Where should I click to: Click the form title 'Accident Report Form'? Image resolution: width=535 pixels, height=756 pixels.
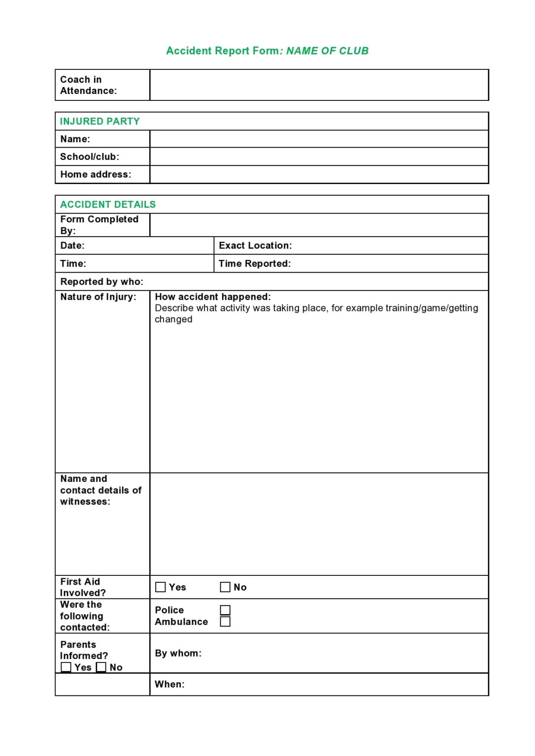coord(223,51)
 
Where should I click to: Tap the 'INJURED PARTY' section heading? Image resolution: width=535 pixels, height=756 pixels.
coord(100,121)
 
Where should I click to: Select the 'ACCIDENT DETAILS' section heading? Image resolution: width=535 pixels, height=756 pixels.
coord(108,204)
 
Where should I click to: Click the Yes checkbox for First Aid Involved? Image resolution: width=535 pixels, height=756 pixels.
coord(161,587)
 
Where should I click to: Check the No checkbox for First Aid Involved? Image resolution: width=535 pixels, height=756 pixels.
coord(225,587)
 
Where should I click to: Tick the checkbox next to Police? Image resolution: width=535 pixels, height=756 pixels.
coord(225,610)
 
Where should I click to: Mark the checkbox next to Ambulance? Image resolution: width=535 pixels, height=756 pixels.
coord(225,622)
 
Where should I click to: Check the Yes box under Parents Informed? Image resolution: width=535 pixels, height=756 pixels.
coord(66,667)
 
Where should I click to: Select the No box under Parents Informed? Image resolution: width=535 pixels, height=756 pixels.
coord(101,667)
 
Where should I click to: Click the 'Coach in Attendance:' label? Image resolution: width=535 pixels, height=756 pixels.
coord(88,85)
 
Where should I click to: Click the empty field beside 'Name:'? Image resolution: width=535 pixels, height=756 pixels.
coord(319,139)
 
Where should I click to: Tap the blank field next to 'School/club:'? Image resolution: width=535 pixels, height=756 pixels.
coord(319,157)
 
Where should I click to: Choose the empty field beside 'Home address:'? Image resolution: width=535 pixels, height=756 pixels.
coord(319,174)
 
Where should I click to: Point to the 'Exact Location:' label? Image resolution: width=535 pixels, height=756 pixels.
coord(255,245)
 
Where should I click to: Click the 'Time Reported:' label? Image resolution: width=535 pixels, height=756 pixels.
coord(255,263)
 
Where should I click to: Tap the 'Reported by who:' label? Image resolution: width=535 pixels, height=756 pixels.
coord(102,282)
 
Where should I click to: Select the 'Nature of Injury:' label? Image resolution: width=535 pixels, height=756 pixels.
coord(98,297)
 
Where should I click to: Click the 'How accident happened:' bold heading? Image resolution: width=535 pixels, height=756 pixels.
coord(213,297)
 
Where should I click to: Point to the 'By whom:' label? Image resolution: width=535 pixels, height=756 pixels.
coord(178,653)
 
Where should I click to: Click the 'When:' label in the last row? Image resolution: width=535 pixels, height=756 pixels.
coord(169,684)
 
